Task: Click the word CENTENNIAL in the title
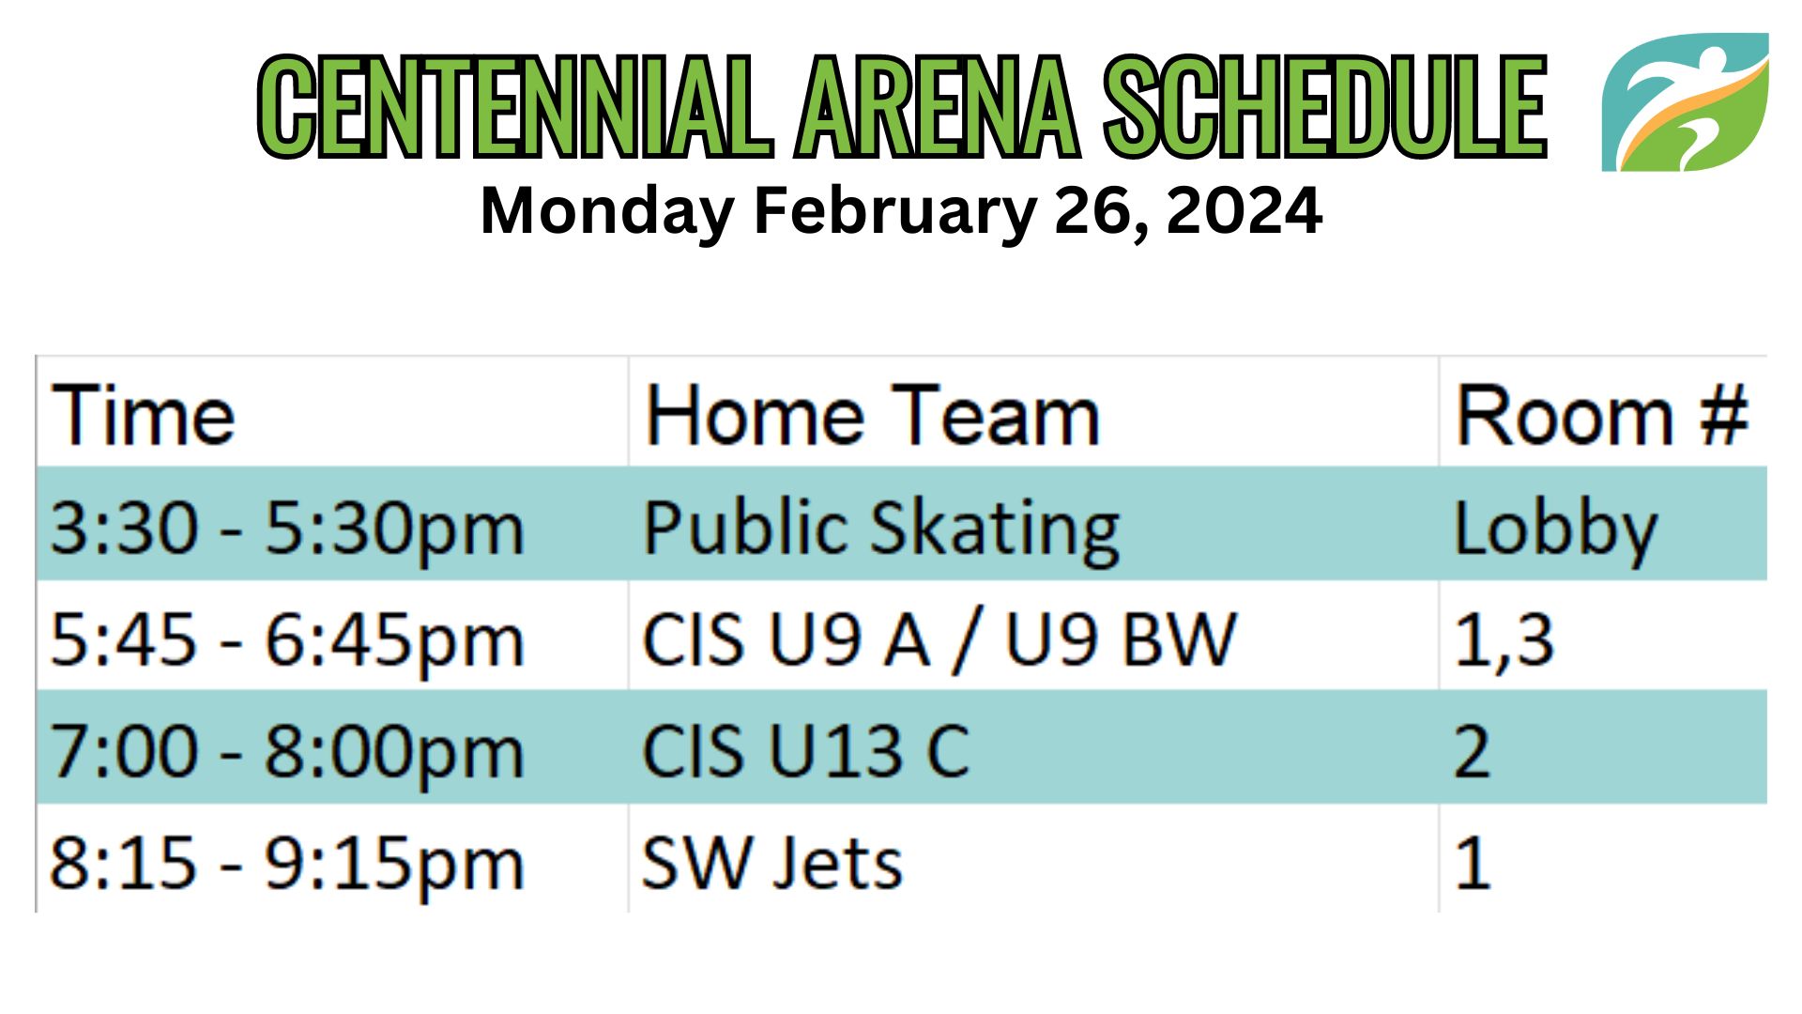click(x=513, y=105)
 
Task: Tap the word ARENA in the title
click(x=938, y=105)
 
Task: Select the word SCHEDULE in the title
click(x=1325, y=105)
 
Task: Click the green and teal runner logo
click(x=1685, y=102)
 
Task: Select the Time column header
click(x=143, y=415)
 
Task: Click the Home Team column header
click(x=872, y=415)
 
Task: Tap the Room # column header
click(x=1601, y=415)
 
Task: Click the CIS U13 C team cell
click(x=805, y=751)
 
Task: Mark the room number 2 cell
click(x=1472, y=751)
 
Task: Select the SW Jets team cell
click(x=771, y=863)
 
